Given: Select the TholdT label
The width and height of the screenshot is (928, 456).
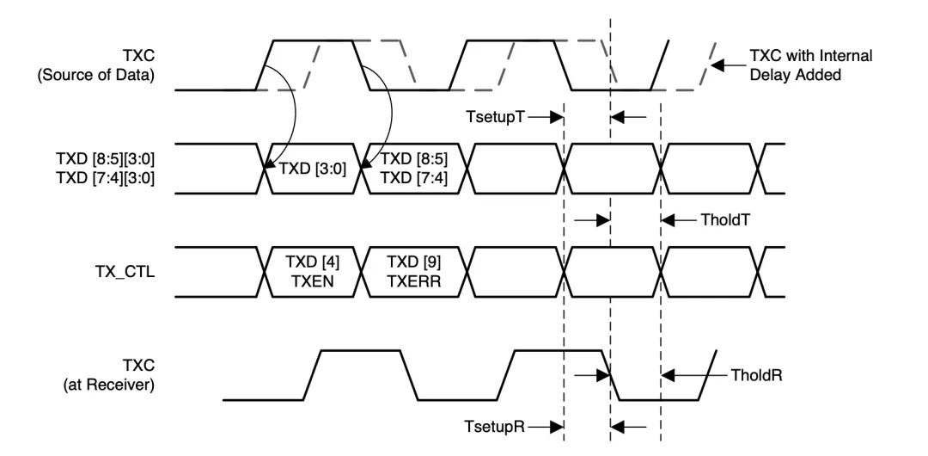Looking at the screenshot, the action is (x=725, y=220).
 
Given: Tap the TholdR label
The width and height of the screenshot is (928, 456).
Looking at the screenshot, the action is (x=757, y=375).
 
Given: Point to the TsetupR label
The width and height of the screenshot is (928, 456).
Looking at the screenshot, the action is (x=495, y=427).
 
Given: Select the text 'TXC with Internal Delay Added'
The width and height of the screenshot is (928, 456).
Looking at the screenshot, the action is (x=811, y=65).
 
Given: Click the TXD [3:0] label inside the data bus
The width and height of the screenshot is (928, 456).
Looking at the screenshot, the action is (x=312, y=169).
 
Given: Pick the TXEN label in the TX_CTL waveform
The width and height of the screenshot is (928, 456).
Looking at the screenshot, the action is (x=313, y=281).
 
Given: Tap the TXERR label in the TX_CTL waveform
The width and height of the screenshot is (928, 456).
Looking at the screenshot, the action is (x=413, y=281).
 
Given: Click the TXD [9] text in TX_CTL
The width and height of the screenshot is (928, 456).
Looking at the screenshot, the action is (x=413, y=262).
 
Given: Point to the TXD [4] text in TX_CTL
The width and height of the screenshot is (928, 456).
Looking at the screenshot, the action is (x=313, y=262).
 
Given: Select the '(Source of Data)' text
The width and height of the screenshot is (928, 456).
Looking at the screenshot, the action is (x=96, y=76).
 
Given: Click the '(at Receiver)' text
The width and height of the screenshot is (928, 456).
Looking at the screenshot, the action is (x=109, y=385).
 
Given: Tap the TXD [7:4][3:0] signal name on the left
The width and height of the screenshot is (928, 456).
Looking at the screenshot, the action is (x=105, y=178).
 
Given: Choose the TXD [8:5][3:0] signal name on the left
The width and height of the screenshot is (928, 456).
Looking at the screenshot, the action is (x=105, y=159).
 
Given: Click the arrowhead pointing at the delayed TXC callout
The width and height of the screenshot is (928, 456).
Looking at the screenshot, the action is (x=717, y=65).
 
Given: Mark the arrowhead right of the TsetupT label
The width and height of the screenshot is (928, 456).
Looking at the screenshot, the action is (x=556, y=117).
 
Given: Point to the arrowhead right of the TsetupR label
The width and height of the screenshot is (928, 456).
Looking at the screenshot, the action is (x=556, y=427).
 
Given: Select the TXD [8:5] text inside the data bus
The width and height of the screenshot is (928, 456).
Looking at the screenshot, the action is (x=413, y=159).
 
